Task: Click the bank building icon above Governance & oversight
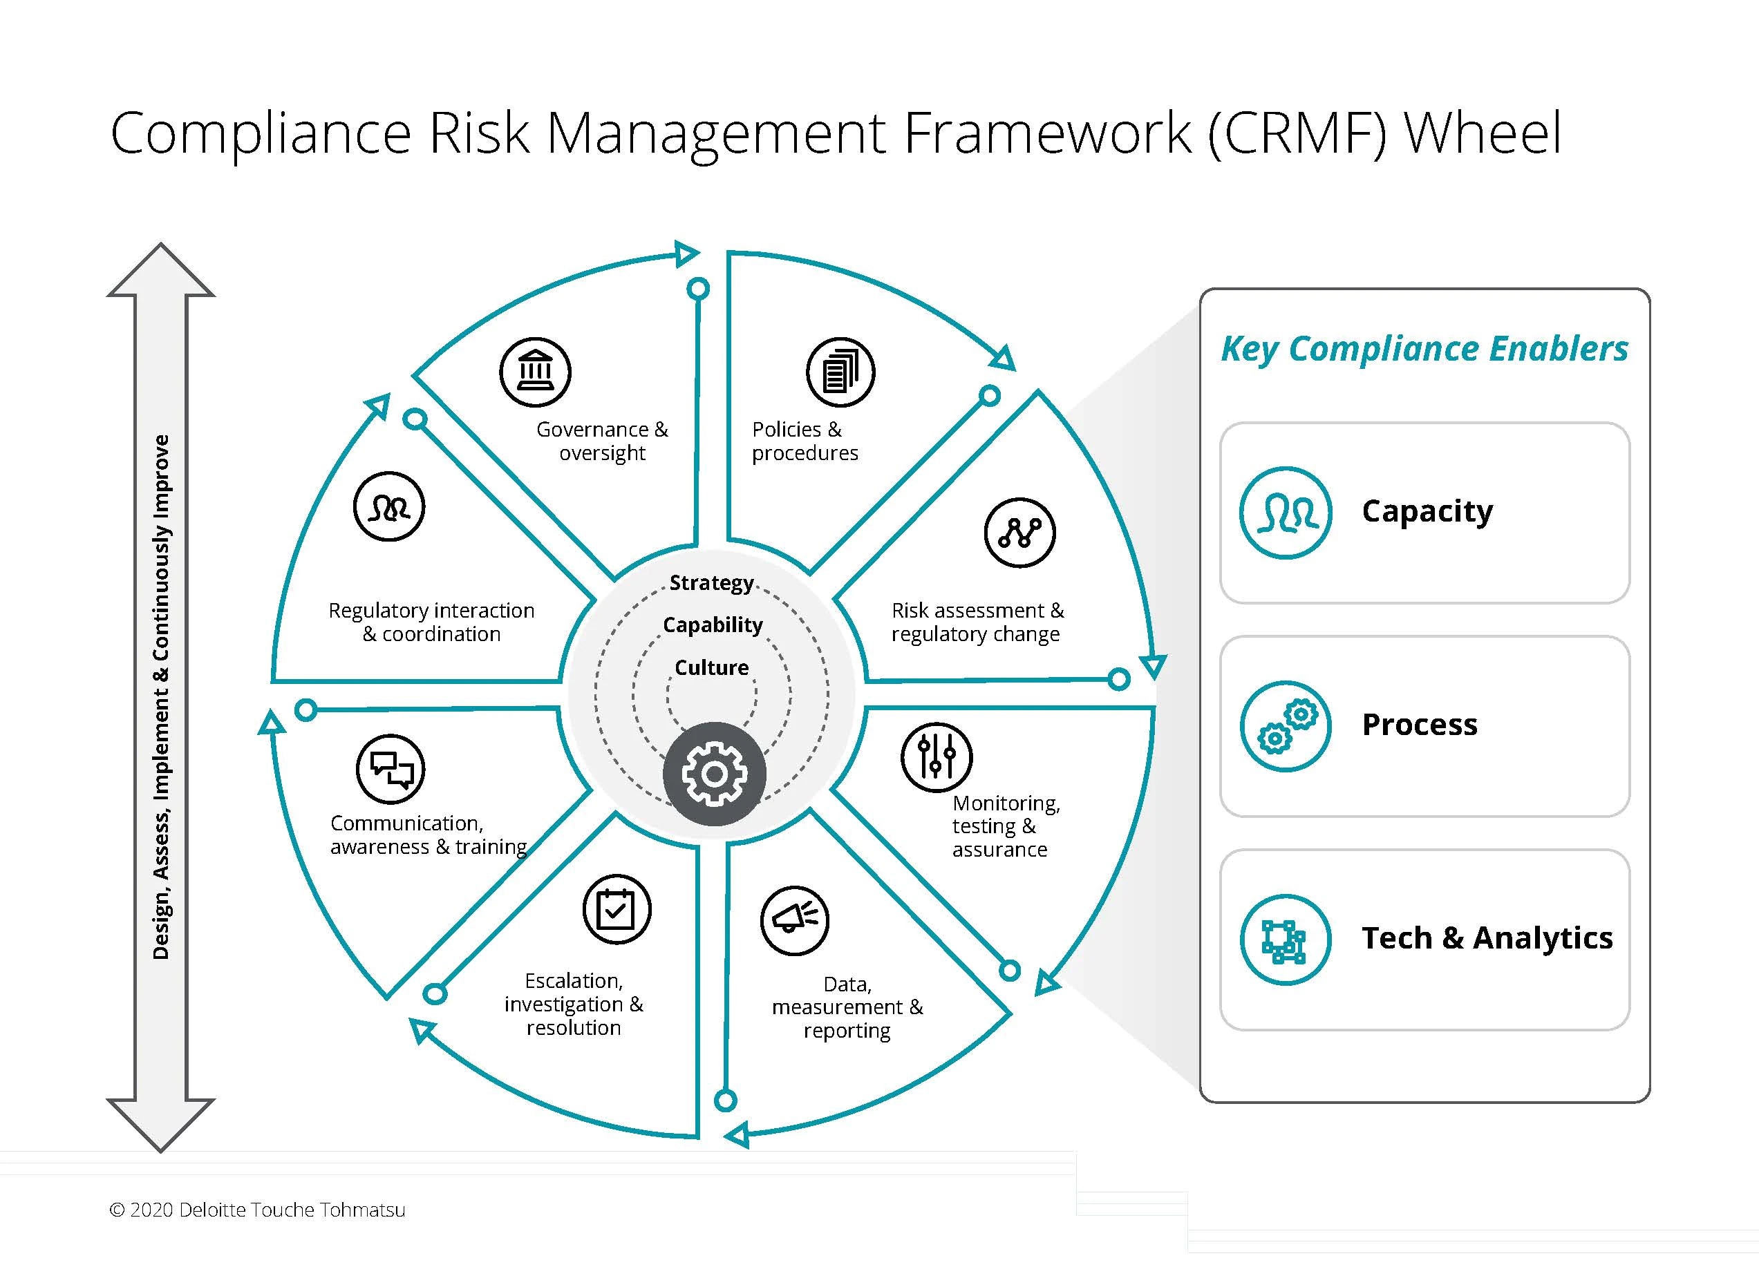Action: pos(535,372)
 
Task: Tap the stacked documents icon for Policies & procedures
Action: pos(840,372)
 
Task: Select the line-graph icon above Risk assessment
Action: pos(1020,533)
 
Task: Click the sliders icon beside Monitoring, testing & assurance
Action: pos(936,756)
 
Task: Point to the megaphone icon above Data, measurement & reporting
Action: pos(795,920)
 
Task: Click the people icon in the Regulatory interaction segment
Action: pos(388,507)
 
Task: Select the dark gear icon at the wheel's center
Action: pos(714,774)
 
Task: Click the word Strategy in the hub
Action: pos(711,582)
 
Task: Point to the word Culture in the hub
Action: pos(711,667)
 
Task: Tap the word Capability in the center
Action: pos(713,625)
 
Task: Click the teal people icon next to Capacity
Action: pos(1285,513)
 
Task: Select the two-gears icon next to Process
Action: pos(1285,727)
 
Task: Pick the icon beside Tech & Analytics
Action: pos(1285,940)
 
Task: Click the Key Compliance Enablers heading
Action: pos(1424,349)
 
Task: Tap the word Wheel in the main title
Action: pos(1483,133)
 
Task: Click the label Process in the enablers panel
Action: pos(1420,725)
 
